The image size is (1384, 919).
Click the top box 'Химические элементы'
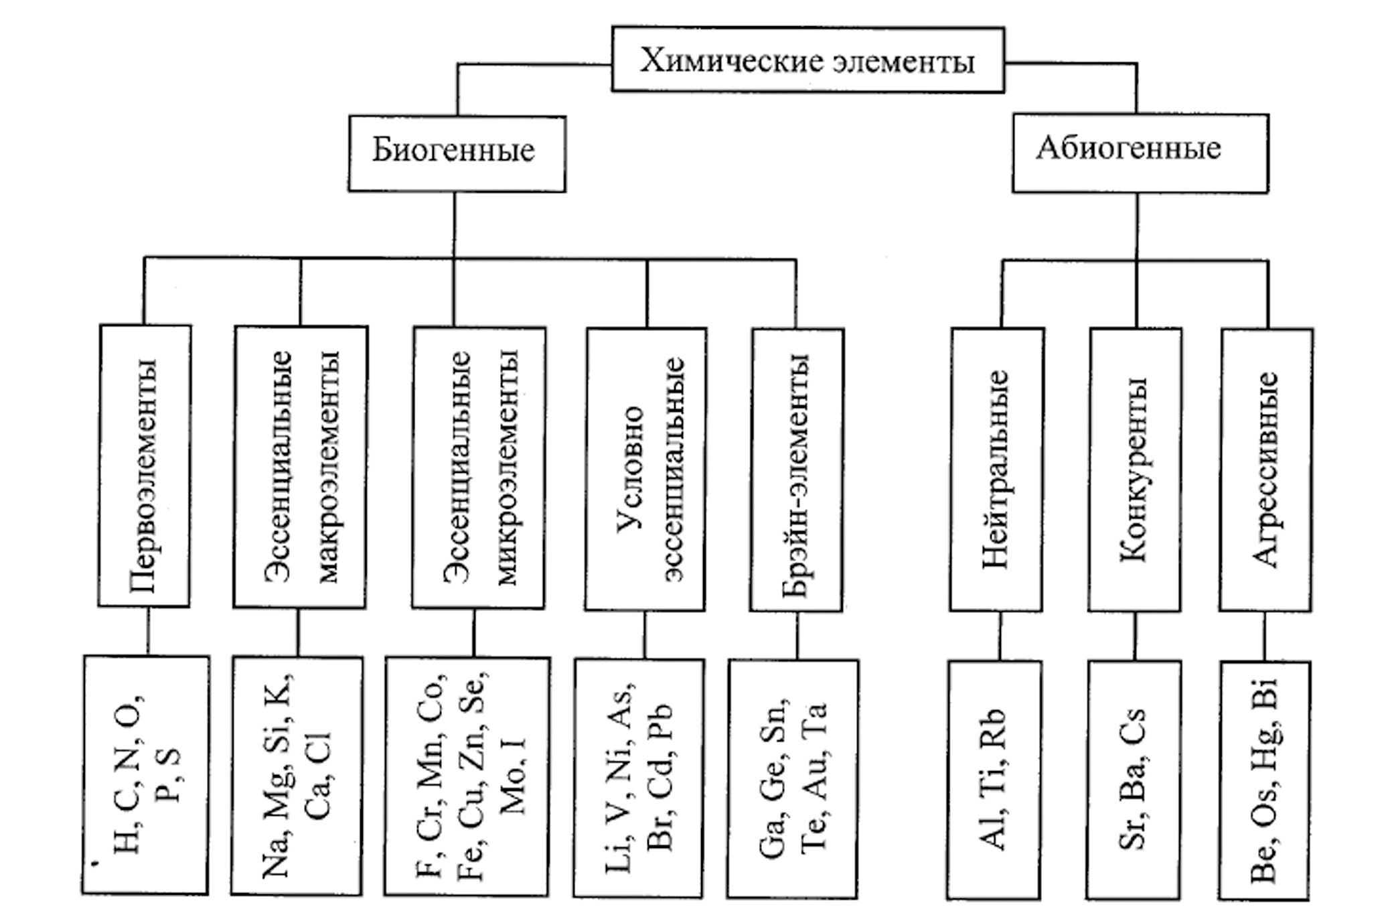click(808, 60)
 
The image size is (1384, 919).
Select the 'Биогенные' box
click(457, 153)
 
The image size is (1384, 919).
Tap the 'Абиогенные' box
click(1140, 153)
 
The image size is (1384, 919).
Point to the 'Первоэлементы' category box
click(145, 466)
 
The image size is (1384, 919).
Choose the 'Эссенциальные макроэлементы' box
click(300, 467)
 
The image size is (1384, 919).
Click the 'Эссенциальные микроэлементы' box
click(479, 468)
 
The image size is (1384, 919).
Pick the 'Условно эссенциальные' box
click(645, 469)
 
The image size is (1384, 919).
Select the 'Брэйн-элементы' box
click(796, 470)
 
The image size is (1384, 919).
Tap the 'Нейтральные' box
click(996, 470)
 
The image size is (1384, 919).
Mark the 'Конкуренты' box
click(1135, 470)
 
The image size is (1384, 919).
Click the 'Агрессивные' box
click(1265, 470)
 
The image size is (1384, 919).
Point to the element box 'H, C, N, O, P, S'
click(145, 775)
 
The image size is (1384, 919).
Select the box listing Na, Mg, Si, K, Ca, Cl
click(297, 776)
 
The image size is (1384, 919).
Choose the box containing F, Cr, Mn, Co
click(467, 776)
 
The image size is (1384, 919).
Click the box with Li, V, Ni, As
click(639, 778)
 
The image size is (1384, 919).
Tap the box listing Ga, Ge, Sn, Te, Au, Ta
click(793, 779)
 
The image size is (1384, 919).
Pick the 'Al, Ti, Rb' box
click(994, 780)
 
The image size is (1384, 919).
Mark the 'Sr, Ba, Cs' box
click(1133, 780)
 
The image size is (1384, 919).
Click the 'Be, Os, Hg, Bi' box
click(1264, 780)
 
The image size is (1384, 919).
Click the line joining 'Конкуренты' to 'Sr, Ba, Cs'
click(1135, 636)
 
